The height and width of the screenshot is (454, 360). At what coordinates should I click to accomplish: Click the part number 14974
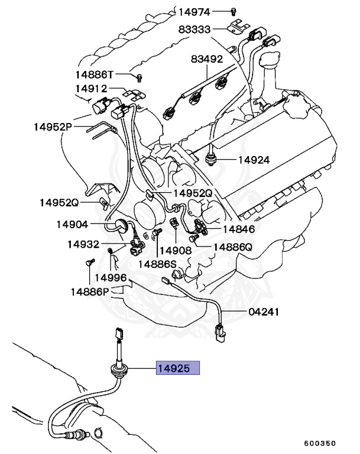click(x=194, y=11)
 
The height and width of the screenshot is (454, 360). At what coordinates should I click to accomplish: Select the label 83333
click(x=194, y=30)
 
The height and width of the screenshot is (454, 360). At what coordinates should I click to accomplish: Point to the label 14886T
click(x=94, y=74)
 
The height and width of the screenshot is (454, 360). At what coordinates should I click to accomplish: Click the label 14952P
click(x=52, y=127)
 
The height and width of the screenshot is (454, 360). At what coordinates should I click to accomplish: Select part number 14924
click(x=254, y=160)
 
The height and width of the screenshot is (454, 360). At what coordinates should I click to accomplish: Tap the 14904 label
click(x=72, y=224)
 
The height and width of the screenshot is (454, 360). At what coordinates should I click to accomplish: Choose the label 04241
click(x=263, y=312)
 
